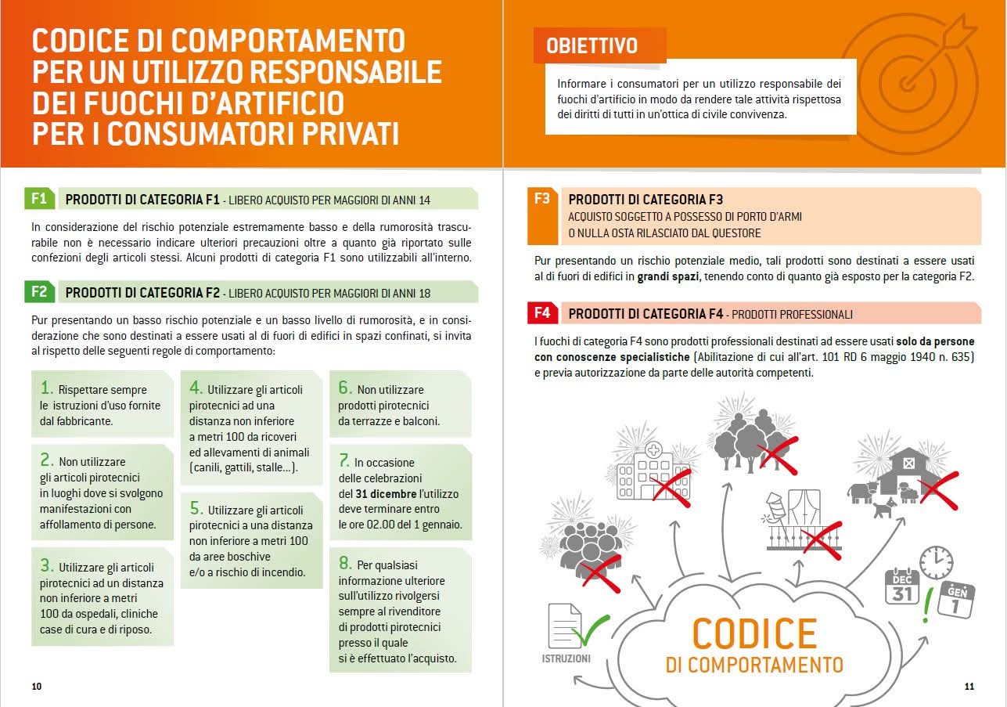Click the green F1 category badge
tap(39, 199)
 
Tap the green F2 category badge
tap(39, 293)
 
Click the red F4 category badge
tap(542, 314)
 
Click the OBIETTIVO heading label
tap(592, 45)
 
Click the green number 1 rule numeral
tap(47, 388)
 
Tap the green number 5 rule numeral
tap(196, 508)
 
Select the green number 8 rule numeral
tap(345, 563)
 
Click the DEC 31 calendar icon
tap(901, 586)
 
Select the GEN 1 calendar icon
tap(955, 600)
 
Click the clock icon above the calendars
tap(936, 563)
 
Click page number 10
tap(37, 687)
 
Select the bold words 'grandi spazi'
tap(667, 276)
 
